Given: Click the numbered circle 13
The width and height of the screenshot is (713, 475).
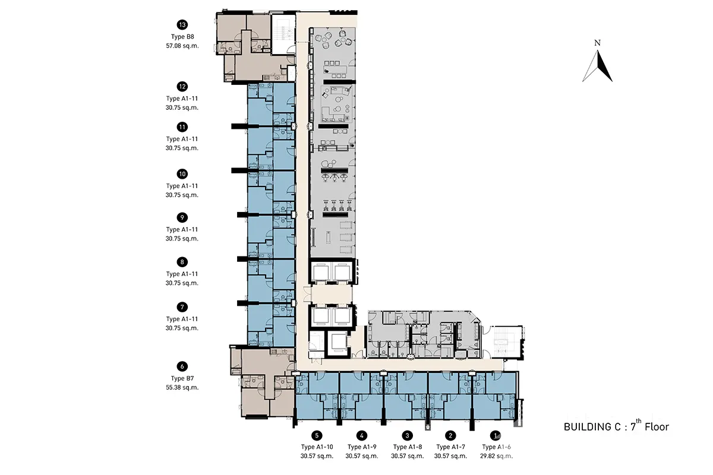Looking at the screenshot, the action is tap(182, 25).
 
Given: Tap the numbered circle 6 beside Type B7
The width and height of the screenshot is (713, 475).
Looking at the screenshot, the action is tap(182, 366).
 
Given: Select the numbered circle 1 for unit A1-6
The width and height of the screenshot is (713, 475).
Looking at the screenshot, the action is tap(496, 435).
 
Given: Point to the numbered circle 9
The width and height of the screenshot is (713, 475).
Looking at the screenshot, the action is tap(182, 218).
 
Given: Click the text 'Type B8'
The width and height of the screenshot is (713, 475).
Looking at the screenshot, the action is tap(182, 37).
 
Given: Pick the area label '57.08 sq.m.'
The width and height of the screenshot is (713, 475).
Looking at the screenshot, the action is tap(182, 46).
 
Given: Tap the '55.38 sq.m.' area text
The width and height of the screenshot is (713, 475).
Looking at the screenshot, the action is tap(182, 388).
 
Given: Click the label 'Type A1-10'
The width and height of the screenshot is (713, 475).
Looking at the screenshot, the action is tap(317, 447).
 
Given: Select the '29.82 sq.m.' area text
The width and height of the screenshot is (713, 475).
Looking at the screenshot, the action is tap(497, 456).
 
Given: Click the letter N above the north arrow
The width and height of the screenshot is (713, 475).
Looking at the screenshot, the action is tap(598, 43).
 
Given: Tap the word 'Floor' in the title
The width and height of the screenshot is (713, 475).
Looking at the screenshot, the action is tap(657, 427).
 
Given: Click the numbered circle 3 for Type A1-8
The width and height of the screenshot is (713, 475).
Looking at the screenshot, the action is tap(407, 435).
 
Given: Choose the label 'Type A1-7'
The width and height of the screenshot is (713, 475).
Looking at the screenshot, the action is tap(451, 447).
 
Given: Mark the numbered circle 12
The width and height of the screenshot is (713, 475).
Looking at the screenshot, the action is tap(182, 87).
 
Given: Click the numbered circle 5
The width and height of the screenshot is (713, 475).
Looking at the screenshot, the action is tap(317, 435).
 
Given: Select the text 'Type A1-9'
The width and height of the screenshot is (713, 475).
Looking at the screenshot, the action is tap(362, 447).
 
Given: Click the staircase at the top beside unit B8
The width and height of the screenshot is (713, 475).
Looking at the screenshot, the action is tap(283, 33).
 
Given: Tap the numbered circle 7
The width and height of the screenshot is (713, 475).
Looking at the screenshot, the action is tap(182, 307).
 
